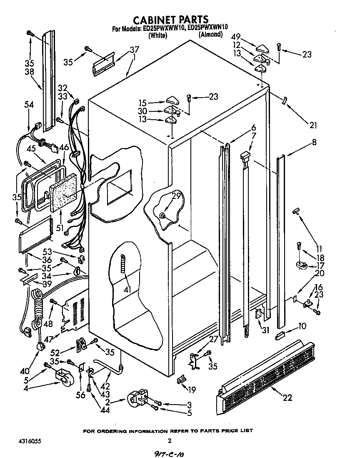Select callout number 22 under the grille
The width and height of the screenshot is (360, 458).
coord(287,398)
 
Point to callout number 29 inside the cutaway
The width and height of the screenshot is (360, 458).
coord(176,196)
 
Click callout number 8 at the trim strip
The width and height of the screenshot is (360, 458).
coord(314,143)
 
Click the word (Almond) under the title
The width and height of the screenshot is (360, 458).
coord(210,35)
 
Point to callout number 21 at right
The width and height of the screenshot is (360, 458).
coord(313,125)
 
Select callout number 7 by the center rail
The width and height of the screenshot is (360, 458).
coord(253,135)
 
